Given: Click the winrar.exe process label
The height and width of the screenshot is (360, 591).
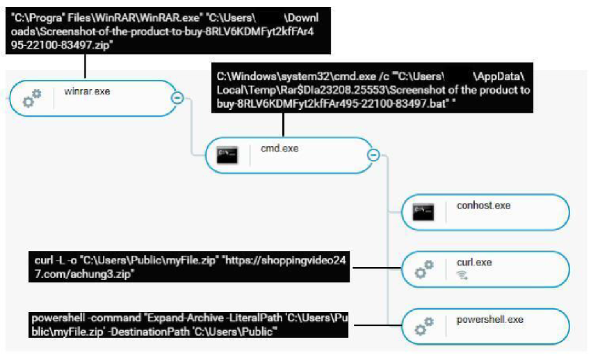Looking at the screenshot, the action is click(x=87, y=91).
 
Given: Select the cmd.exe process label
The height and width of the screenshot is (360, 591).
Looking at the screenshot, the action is click(x=280, y=148).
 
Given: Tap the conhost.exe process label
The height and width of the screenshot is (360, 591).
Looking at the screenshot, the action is click(x=484, y=205).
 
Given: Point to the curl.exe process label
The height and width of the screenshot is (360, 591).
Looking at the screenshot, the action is click(x=474, y=262).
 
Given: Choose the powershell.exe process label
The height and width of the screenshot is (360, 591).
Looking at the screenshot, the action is click(x=489, y=320).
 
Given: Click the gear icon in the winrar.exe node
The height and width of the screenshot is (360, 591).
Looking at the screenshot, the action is click(x=32, y=98).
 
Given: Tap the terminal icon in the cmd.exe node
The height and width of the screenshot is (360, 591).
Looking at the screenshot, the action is click(x=227, y=155).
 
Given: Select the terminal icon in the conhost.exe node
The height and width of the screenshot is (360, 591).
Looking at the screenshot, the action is click(x=423, y=212).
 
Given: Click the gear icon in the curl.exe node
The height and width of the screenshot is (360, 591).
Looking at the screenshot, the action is click(x=424, y=269).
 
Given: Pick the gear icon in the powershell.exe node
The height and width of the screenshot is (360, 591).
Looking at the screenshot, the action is click(x=424, y=327).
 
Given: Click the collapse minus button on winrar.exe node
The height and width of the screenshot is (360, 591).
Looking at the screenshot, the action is click(x=177, y=98).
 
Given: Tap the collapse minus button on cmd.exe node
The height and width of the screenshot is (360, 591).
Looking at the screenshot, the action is click(x=373, y=155).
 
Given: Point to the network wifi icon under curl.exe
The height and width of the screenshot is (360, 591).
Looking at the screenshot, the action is click(x=462, y=275).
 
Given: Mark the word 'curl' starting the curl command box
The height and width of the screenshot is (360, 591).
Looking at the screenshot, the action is click(x=43, y=260).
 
